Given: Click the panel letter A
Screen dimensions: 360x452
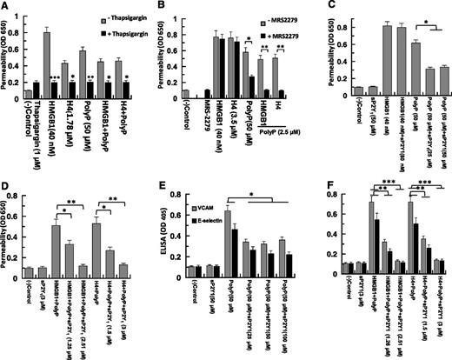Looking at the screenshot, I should pyautogui.click(x=6, y=7).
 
